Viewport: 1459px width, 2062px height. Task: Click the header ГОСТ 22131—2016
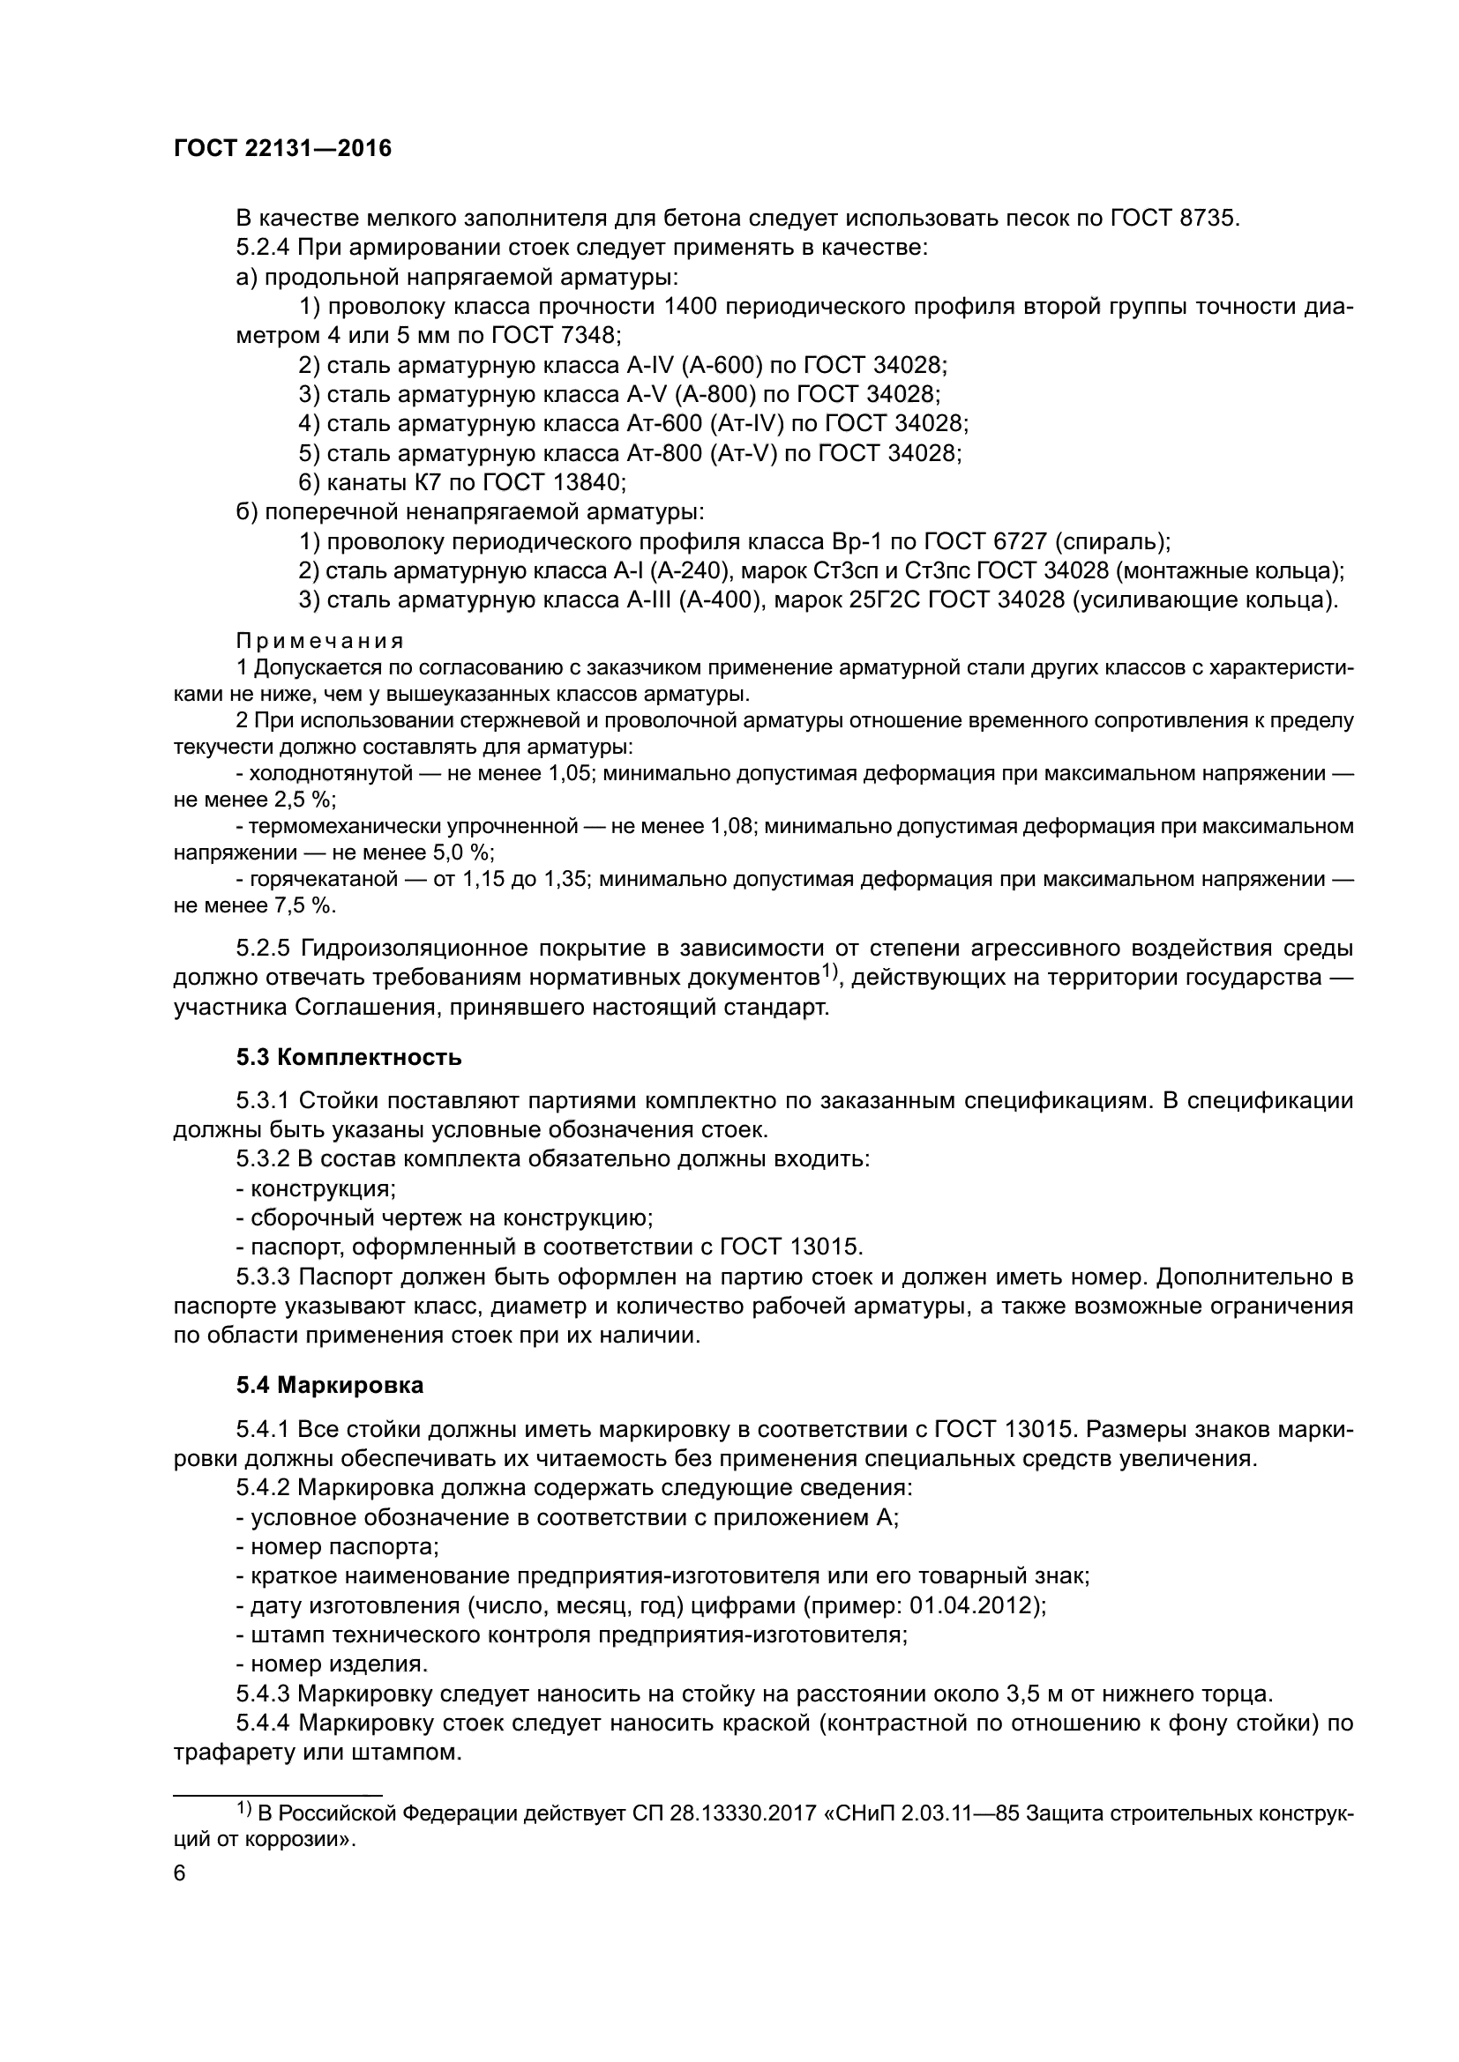(282, 149)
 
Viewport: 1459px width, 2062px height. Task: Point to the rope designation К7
(428, 483)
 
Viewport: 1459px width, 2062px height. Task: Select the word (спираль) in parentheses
(1112, 542)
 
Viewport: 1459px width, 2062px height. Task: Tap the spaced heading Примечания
(320, 641)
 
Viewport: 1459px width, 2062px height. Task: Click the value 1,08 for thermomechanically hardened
(730, 825)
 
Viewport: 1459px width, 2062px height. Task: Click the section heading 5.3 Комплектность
(349, 1058)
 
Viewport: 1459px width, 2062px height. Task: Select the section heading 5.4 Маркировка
(330, 1386)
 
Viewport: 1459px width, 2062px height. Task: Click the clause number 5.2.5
(264, 949)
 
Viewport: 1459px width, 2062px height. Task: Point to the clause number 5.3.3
(264, 1277)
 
